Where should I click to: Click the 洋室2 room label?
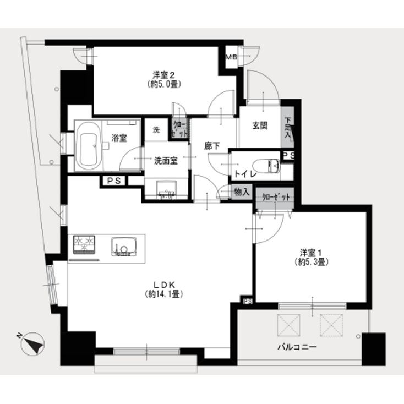pyautogui.click(x=163, y=75)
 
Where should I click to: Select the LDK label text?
pyautogui.click(x=164, y=285)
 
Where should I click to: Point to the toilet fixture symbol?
pyautogui.click(x=266, y=165)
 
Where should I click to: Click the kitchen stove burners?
pyautogui.click(x=83, y=244)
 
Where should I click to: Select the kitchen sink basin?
pyautogui.click(x=123, y=245)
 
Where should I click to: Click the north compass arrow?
pyautogui.click(x=32, y=345)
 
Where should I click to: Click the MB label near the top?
pyautogui.click(x=230, y=57)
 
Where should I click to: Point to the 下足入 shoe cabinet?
pyautogui.click(x=288, y=130)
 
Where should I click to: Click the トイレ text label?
pyautogui.click(x=243, y=174)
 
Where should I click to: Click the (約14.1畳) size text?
pyautogui.click(x=164, y=294)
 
